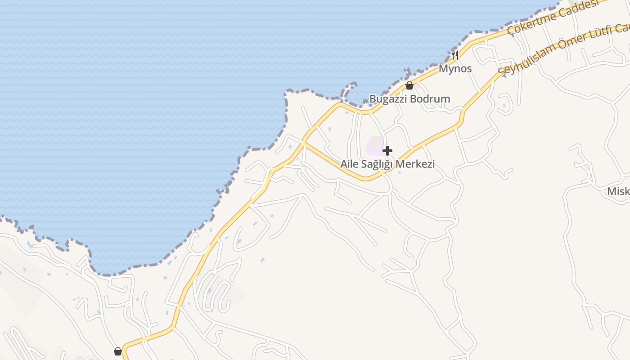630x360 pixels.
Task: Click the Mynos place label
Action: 455,69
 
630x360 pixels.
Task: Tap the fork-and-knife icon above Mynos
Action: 455,55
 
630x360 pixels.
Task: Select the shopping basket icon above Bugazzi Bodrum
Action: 409,85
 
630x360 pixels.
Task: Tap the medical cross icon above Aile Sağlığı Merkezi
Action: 387,151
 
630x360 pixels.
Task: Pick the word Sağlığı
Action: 377,164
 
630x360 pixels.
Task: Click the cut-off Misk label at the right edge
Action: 618,192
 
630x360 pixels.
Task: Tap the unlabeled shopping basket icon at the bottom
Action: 118,351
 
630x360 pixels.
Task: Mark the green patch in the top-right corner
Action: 574,2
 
